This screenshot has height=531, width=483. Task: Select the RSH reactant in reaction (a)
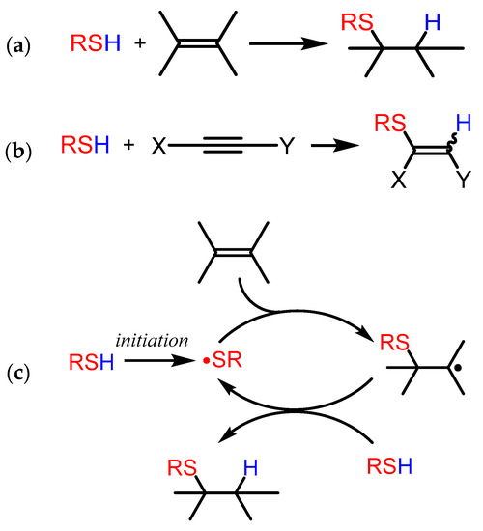pos(94,43)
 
